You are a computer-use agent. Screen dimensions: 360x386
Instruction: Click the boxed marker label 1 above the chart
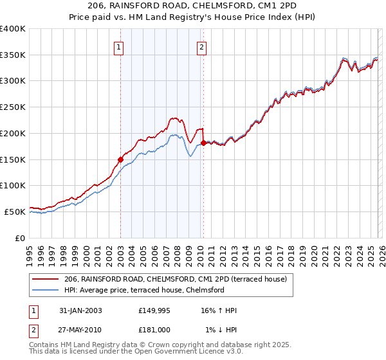click(x=120, y=46)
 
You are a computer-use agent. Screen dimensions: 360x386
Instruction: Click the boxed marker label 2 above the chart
click(x=202, y=46)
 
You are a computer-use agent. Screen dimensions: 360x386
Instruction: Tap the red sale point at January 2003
click(x=120, y=159)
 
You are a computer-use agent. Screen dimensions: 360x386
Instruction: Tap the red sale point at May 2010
click(x=203, y=143)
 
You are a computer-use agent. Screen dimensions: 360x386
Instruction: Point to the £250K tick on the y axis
click(x=13, y=107)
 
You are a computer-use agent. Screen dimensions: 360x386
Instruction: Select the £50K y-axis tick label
click(x=15, y=212)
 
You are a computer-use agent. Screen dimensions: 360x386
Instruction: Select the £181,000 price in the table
click(x=155, y=330)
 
